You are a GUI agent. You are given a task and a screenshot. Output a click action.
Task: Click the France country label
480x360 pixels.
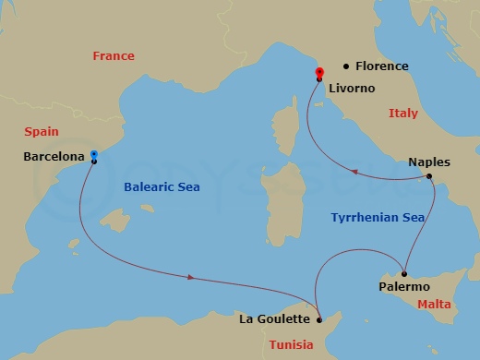tap(113, 56)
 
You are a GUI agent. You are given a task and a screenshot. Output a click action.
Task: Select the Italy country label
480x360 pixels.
tap(402, 114)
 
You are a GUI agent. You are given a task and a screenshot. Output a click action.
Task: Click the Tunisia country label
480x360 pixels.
tap(291, 345)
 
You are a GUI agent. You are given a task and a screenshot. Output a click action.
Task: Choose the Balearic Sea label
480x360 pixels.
tap(162, 186)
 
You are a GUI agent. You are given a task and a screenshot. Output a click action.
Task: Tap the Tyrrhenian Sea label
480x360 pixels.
tap(378, 218)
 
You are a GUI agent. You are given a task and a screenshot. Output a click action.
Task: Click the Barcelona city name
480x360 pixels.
tap(54, 157)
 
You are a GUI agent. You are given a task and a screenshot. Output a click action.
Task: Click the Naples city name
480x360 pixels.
tap(429, 162)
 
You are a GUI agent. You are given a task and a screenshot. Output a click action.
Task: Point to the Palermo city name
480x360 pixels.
tap(404, 287)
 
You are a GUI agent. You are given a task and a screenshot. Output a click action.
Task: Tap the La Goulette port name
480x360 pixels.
tap(274, 320)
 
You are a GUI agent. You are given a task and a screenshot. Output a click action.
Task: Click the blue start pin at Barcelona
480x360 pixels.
tap(94, 156)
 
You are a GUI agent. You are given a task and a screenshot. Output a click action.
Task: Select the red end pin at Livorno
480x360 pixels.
tap(319, 73)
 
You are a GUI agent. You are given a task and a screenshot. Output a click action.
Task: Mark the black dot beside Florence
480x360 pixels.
tap(346, 66)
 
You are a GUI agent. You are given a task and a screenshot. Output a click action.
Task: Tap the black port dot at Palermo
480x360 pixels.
tap(404, 274)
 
